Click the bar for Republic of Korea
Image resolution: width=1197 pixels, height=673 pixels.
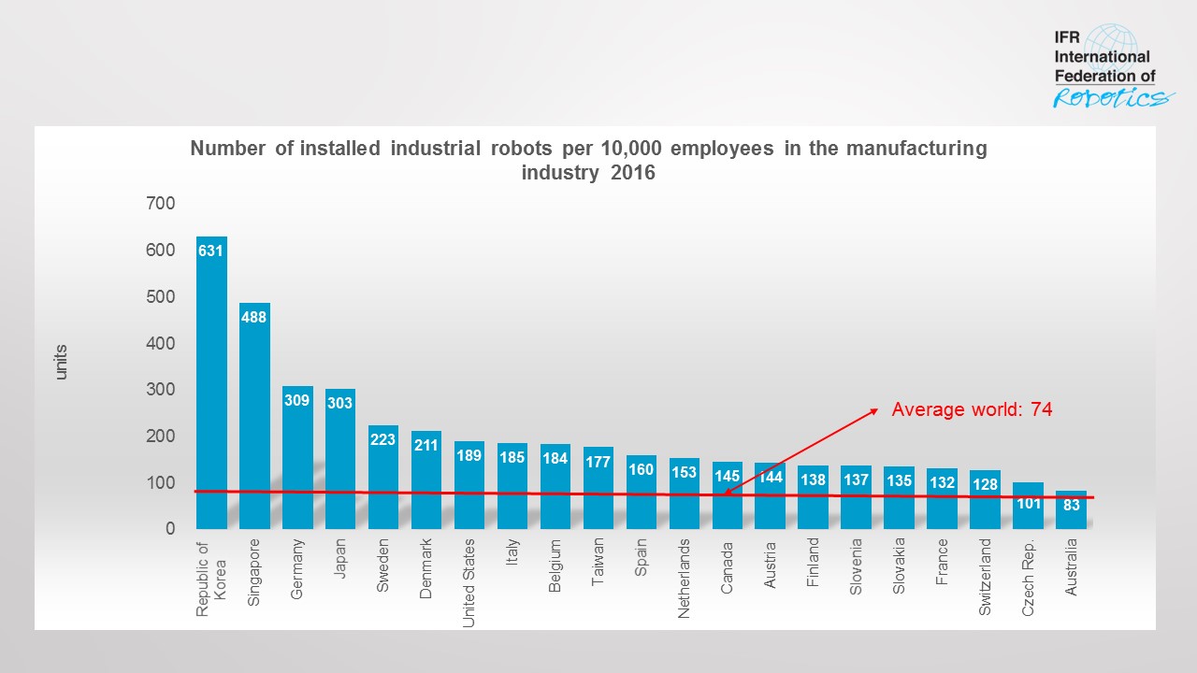pos(211,383)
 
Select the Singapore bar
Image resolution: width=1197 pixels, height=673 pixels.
pos(254,416)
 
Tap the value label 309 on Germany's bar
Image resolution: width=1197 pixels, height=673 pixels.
pos(297,400)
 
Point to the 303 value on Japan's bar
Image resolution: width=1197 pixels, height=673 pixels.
pos(340,403)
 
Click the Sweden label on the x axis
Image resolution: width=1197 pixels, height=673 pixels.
pos(383,566)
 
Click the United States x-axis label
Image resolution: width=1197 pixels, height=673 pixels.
pos(469,582)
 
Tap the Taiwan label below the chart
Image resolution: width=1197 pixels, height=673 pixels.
pos(598,560)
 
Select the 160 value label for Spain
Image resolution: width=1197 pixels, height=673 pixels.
pos(642,469)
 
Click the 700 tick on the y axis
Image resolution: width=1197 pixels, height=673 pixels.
pos(161,203)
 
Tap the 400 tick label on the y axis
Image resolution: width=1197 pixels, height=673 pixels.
pos(161,343)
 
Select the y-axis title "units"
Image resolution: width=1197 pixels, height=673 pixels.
pos(62,362)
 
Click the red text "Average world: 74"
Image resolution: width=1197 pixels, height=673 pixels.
pos(972,408)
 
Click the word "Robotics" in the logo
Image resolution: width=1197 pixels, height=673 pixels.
pos(1111,97)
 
